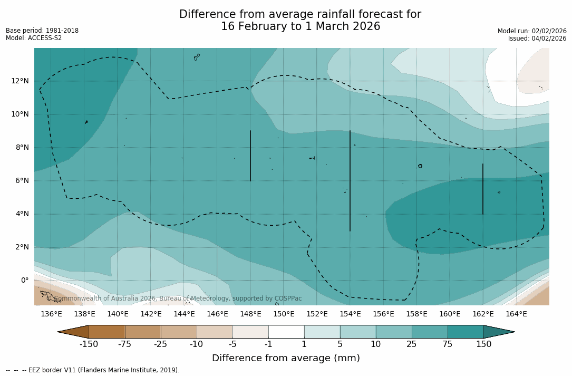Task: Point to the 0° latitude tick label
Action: [24, 280]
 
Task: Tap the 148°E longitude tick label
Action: [250, 314]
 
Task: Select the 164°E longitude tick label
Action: [516, 314]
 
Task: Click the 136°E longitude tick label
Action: [51, 314]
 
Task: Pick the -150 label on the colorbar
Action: [89, 344]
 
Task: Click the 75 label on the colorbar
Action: [448, 344]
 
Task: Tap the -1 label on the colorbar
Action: [268, 344]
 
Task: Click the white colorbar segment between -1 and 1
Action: [286, 332]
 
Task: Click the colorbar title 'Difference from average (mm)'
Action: [286, 358]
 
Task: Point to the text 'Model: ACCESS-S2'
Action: [34, 38]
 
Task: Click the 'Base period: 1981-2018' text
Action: [42, 31]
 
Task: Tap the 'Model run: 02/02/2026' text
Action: [532, 31]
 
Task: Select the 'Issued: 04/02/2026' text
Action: [537, 38]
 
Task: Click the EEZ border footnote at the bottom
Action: [93, 370]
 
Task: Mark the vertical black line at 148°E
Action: [250, 156]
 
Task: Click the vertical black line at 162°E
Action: [483, 189]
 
